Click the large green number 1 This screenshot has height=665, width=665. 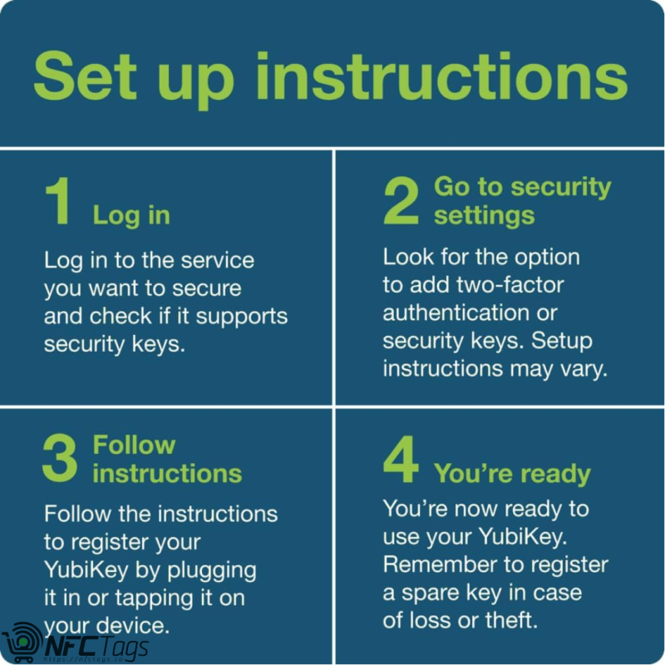[x=58, y=200]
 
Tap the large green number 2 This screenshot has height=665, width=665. [x=401, y=200]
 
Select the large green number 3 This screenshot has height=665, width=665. [x=60, y=459]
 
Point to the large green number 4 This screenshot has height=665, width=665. [x=401, y=460]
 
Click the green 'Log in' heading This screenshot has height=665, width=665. [x=131, y=215]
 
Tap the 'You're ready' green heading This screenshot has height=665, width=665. [x=512, y=474]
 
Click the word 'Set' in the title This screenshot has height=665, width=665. [x=85, y=76]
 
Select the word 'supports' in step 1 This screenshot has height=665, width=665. [x=242, y=318]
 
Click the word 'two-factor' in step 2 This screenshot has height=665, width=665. [x=510, y=285]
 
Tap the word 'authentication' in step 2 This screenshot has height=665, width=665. [x=456, y=313]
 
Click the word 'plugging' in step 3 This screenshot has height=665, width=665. [x=212, y=572]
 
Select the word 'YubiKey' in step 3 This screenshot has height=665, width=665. [x=86, y=571]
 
